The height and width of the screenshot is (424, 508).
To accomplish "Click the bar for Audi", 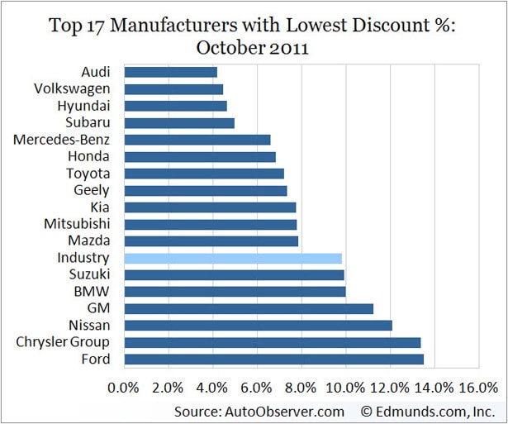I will [x=170, y=72].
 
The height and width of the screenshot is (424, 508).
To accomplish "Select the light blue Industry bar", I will [x=233, y=258].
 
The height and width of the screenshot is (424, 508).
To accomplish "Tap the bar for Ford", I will [x=273, y=359].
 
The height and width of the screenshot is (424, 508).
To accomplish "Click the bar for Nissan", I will [x=258, y=325].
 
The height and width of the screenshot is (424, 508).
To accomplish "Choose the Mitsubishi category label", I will [x=76, y=224].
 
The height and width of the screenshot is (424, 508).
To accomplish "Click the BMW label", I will [x=95, y=292].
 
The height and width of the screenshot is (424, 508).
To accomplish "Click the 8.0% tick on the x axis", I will [x=301, y=387].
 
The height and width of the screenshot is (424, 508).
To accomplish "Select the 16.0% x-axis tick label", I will [x=478, y=387].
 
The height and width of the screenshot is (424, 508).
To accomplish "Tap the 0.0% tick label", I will [x=124, y=387].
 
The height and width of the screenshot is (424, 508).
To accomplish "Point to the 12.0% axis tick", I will [x=390, y=387].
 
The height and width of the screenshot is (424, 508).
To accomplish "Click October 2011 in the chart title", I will [x=254, y=47].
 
